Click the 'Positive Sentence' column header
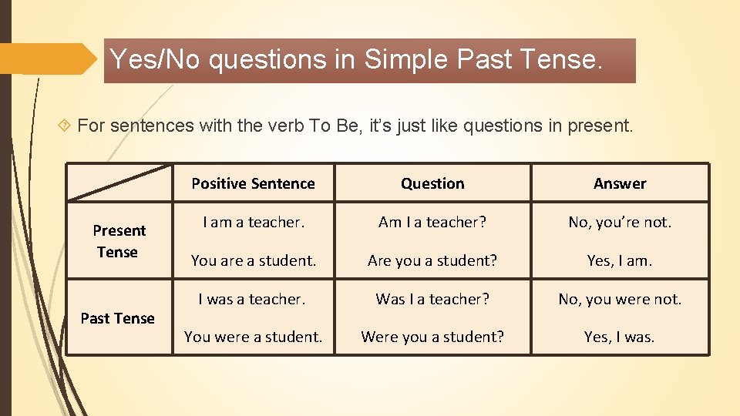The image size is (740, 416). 253,183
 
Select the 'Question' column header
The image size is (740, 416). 432,183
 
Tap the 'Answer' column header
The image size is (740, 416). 620,183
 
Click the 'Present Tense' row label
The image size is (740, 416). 119,241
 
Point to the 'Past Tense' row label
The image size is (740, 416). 118,318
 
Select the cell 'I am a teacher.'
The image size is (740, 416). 254,222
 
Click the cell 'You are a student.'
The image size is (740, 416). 254,260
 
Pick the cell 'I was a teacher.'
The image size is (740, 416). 252,299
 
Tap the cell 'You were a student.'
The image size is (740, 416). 254,337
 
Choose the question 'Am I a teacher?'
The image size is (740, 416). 432,222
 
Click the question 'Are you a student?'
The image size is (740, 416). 432,260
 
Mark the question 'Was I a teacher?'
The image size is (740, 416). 432,299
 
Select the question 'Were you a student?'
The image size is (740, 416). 432,337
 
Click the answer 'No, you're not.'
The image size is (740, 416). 620,222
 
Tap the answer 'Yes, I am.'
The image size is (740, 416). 620,260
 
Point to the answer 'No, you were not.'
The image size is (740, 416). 620,299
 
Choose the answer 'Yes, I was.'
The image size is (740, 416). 620,337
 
